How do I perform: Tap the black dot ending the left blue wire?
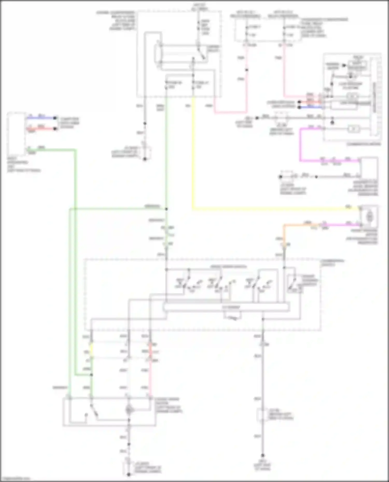pos(55,118)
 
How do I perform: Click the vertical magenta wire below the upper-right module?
pos(301,145)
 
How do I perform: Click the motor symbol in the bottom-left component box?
pos(129,410)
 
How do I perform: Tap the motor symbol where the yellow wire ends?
pos(370,216)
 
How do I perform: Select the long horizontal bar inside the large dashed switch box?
pos(227,307)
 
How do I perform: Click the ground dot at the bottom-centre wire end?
pos(129,474)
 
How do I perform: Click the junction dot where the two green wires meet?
pos(166,209)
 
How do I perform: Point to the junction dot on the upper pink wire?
pos(247,70)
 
